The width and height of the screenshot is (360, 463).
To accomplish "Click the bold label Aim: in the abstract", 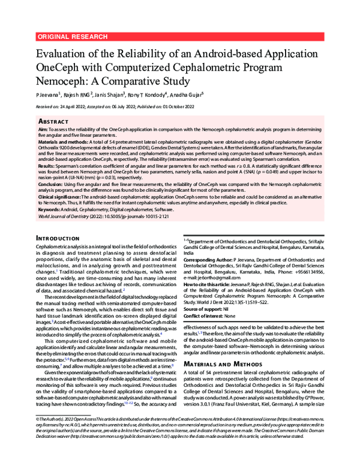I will point(43,129).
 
